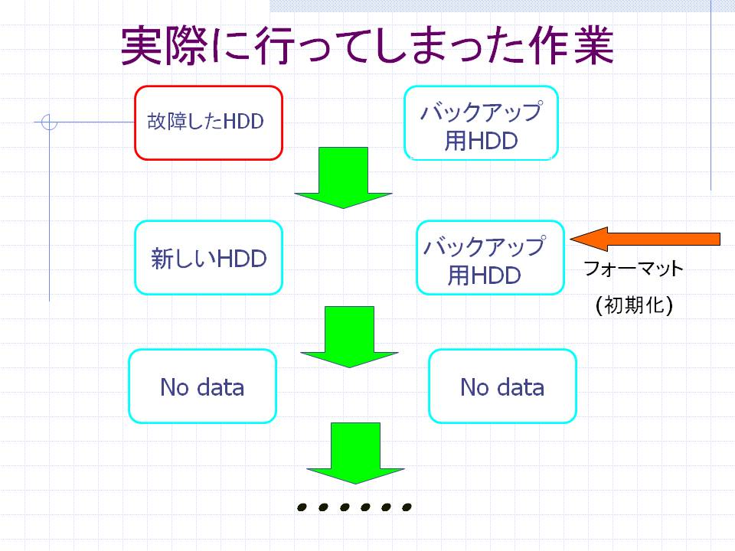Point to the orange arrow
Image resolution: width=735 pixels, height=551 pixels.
pos(645,239)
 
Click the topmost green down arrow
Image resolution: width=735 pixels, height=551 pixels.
pos(343,178)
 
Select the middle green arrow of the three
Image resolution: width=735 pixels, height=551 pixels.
pos(349,337)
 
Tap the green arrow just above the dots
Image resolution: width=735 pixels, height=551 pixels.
pos(355,454)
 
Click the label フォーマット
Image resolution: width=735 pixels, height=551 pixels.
pos(634,269)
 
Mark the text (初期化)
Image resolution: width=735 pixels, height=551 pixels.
pos(634,305)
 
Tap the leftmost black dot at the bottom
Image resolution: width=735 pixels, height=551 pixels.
pos(302,507)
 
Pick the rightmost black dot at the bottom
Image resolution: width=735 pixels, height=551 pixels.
pos(407,507)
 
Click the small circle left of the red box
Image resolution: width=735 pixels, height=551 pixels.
pos(49,122)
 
